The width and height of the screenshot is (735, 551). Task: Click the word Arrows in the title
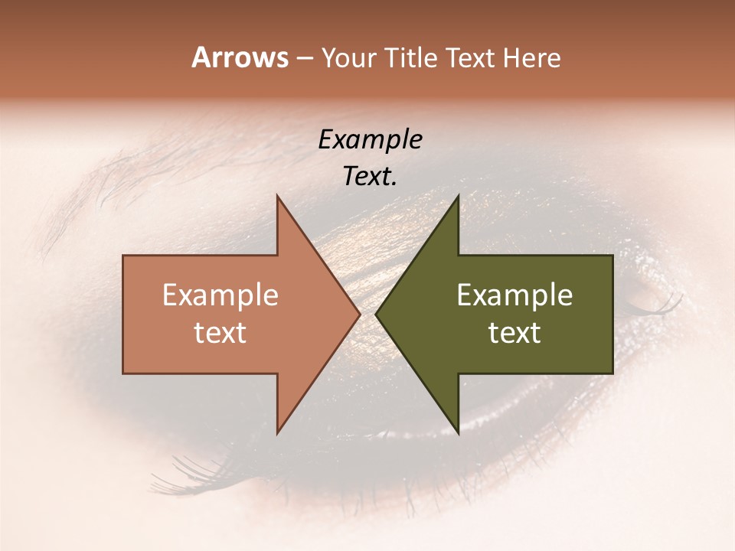240,57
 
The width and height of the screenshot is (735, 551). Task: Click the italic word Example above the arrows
370,139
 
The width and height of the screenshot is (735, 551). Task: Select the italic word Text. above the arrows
370,176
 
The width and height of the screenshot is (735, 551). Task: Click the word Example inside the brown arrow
220,295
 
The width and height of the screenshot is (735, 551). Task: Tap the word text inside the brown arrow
220,333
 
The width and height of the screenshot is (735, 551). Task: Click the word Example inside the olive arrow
514,295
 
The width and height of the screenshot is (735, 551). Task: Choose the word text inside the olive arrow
514,333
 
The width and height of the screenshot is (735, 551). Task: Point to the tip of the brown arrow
359,314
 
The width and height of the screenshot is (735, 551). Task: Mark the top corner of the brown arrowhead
277,197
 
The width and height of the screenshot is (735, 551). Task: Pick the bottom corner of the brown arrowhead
277,432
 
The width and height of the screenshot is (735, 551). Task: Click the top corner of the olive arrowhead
458,197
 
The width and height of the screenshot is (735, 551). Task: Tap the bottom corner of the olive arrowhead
458,432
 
